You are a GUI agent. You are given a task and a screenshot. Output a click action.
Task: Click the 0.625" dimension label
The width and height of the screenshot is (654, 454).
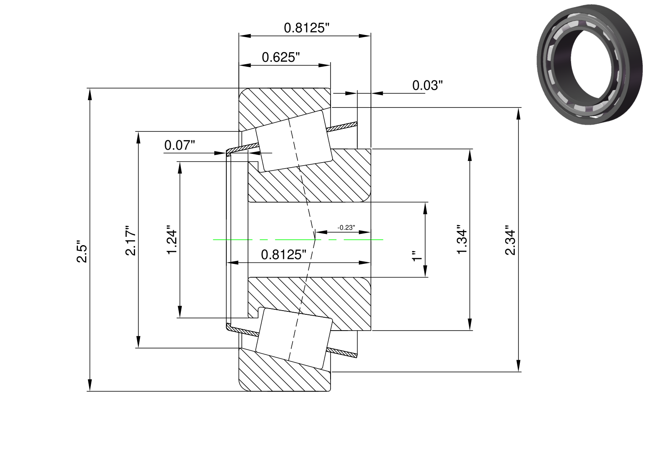[x=281, y=57]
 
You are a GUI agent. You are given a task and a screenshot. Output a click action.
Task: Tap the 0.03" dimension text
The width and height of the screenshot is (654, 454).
[x=427, y=85]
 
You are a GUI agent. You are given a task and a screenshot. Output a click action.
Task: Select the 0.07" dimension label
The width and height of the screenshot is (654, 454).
[x=179, y=145]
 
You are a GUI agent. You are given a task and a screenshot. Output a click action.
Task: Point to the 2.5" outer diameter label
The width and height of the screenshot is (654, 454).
[x=82, y=251]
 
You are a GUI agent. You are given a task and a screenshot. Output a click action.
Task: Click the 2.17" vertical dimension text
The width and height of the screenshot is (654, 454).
[x=130, y=240]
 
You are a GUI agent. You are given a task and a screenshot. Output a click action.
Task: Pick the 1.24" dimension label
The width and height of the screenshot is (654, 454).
[x=172, y=239]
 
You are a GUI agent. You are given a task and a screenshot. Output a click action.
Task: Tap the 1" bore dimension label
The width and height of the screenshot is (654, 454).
[x=417, y=256]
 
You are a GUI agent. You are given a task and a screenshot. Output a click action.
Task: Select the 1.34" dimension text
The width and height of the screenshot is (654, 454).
[x=462, y=239]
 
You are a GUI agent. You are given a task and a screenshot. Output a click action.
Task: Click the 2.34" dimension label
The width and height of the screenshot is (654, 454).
[x=510, y=240]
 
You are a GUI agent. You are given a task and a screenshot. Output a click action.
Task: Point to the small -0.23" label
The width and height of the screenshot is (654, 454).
[x=346, y=228]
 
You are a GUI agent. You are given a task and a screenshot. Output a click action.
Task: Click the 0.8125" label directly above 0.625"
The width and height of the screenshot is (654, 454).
[x=306, y=28]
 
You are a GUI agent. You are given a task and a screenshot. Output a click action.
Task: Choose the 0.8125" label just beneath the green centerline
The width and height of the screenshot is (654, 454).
[x=283, y=255]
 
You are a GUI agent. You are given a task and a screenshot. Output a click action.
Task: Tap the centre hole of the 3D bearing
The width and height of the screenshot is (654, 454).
[x=591, y=64]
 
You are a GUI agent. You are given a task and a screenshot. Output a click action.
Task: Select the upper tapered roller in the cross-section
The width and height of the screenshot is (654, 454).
[x=294, y=141]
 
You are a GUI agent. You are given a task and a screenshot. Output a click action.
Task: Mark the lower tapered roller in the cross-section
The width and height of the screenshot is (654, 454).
[x=294, y=338]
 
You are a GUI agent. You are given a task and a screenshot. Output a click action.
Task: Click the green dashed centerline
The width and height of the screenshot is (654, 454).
[x=298, y=240]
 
